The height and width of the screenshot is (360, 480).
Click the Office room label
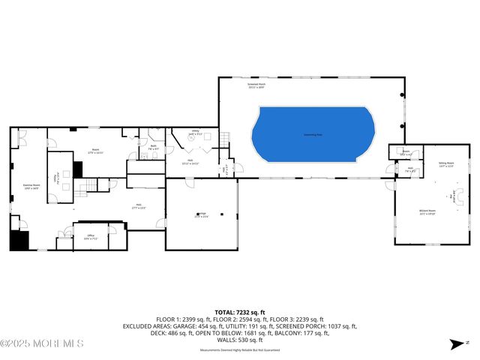pos(90,237)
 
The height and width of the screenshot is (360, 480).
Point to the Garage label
pos(202,215)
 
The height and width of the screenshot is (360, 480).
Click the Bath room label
pos(152,147)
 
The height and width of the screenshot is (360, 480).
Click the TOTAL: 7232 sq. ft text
pos(240,312)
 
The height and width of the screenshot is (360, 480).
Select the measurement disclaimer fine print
pos(240,350)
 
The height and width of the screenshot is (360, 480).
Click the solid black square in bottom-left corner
pos(18,241)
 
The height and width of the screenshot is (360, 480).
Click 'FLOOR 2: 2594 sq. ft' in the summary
pos(240,319)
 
